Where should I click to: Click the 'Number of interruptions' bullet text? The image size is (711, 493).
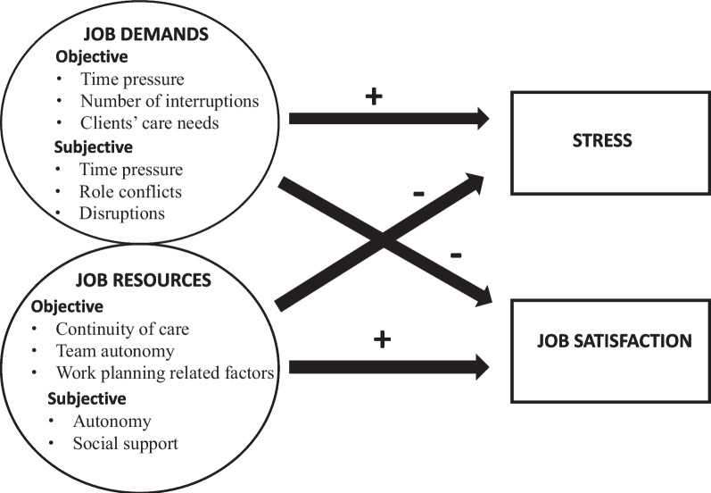click(169, 101)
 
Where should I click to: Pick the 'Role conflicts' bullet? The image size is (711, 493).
click(131, 191)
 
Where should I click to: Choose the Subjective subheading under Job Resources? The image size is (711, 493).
click(87, 398)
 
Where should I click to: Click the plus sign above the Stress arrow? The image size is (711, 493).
click(374, 96)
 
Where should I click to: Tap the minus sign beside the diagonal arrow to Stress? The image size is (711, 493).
click(418, 193)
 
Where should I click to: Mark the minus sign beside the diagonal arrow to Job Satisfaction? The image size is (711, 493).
click(455, 255)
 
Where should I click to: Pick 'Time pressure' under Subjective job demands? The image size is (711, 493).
click(131, 169)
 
